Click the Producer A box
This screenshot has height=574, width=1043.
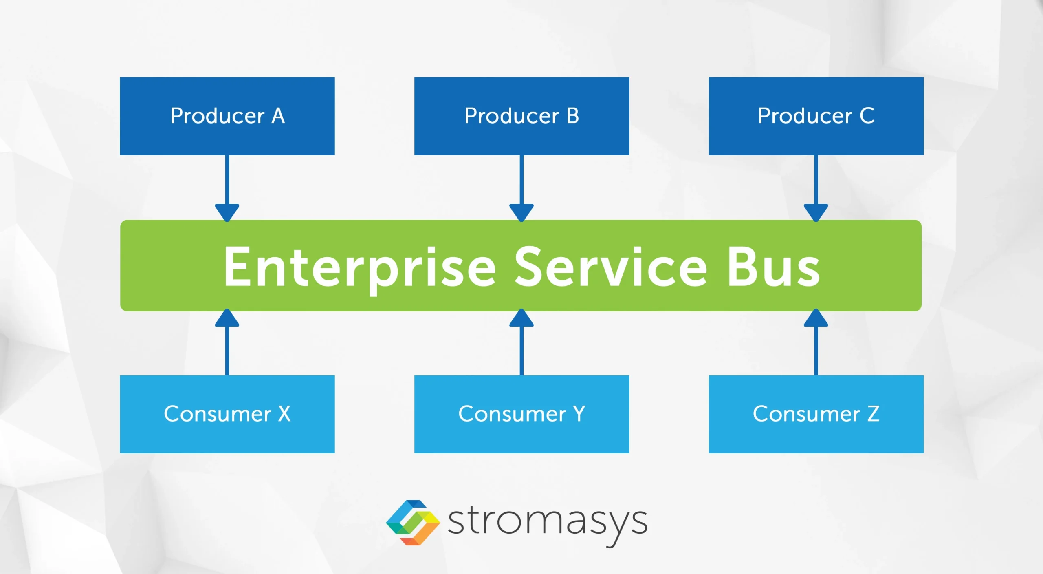pos(227,116)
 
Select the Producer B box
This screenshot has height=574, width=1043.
pos(521,116)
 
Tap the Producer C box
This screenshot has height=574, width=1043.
pos(816,116)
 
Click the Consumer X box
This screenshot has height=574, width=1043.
pos(227,414)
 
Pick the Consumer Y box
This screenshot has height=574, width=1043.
pos(521,414)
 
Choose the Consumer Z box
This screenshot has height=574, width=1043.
pos(816,414)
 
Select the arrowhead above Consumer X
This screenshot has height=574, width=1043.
pos(227,318)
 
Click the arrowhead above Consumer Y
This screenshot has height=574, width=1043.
pos(521,318)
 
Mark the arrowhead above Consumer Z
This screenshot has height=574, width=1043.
pos(816,318)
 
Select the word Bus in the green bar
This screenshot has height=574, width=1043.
pos(773,267)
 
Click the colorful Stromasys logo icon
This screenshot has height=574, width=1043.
pos(413,523)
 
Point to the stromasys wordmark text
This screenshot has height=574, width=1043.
pos(547,523)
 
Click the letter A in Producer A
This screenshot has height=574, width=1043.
pos(278,116)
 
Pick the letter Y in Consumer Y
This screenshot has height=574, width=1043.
pos(579,414)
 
